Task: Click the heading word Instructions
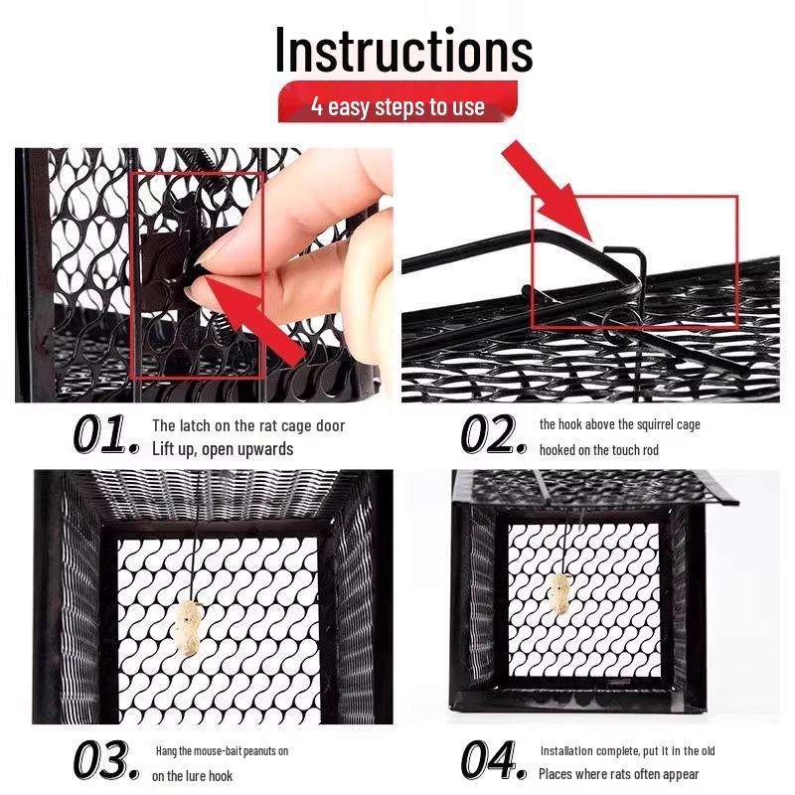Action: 403,50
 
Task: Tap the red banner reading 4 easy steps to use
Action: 397,105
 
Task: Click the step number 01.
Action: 105,435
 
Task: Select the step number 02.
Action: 493,435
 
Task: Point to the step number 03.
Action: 105,760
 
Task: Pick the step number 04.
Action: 493,760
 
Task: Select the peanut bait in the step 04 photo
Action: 560,597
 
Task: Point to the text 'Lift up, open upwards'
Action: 223,449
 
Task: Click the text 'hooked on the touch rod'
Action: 598,450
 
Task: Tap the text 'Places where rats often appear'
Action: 619,774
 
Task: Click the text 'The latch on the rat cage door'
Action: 248,425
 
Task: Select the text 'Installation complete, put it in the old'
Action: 627,751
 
